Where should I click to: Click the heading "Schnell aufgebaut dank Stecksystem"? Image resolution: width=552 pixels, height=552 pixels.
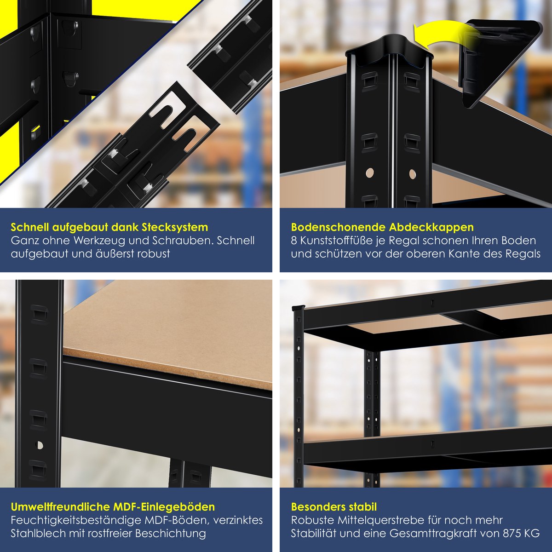pyautogui.click(x=109, y=227)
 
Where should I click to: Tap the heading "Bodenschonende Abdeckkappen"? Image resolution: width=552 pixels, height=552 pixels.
pyautogui.click(x=382, y=227)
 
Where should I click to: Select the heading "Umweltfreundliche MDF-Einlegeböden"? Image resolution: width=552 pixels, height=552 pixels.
pyautogui.click(x=113, y=507)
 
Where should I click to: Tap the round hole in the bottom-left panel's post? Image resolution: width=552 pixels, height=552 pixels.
pyautogui.click(x=40, y=445)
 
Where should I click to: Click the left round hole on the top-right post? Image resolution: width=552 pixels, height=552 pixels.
pyautogui.click(x=369, y=172)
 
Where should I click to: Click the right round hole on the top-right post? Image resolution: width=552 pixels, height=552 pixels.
pyautogui.click(x=412, y=172)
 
